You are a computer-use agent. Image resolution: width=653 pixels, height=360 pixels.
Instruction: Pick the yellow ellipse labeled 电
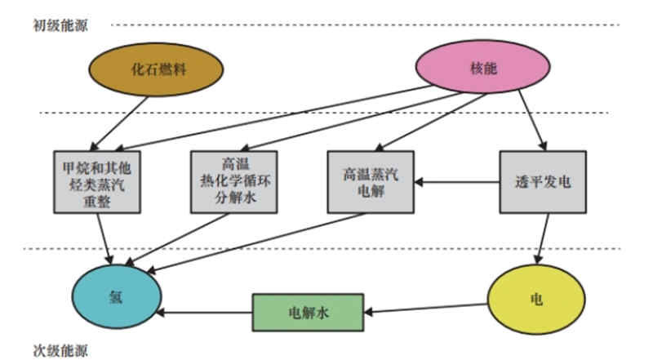click(x=536, y=299)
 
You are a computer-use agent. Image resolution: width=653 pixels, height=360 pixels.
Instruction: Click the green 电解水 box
click(x=307, y=312)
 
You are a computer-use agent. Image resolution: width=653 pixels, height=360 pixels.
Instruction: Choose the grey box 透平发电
click(x=543, y=182)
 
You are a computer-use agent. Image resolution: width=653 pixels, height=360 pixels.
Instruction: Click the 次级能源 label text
click(x=60, y=350)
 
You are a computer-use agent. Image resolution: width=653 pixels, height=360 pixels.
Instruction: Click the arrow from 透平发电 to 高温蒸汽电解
click(x=457, y=183)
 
